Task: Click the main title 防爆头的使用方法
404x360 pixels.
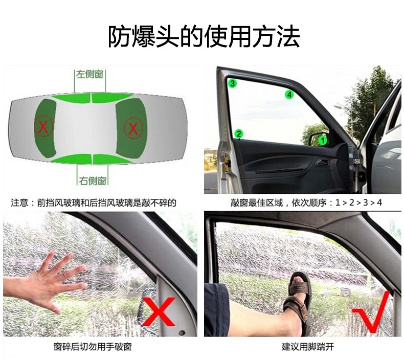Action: click(x=204, y=36)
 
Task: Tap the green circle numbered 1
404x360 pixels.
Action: click(x=323, y=141)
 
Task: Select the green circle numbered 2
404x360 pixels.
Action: click(x=239, y=134)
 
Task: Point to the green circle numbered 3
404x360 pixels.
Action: click(x=232, y=83)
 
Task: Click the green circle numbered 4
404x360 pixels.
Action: click(x=289, y=95)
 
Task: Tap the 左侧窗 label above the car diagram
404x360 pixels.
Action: click(x=89, y=75)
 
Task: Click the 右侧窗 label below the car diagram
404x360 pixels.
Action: click(x=93, y=181)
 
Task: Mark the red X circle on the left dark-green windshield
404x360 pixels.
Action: click(x=43, y=126)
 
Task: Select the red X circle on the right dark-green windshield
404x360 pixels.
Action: click(x=133, y=128)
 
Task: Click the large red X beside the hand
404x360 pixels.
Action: click(x=159, y=311)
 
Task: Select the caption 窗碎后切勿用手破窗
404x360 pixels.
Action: click(x=93, y=347)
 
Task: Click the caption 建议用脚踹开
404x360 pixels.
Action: click(x=308, y=347)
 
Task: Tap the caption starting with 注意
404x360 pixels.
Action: click(x=94, y=203)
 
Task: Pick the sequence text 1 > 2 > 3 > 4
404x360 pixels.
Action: click(x=358, y=202)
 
